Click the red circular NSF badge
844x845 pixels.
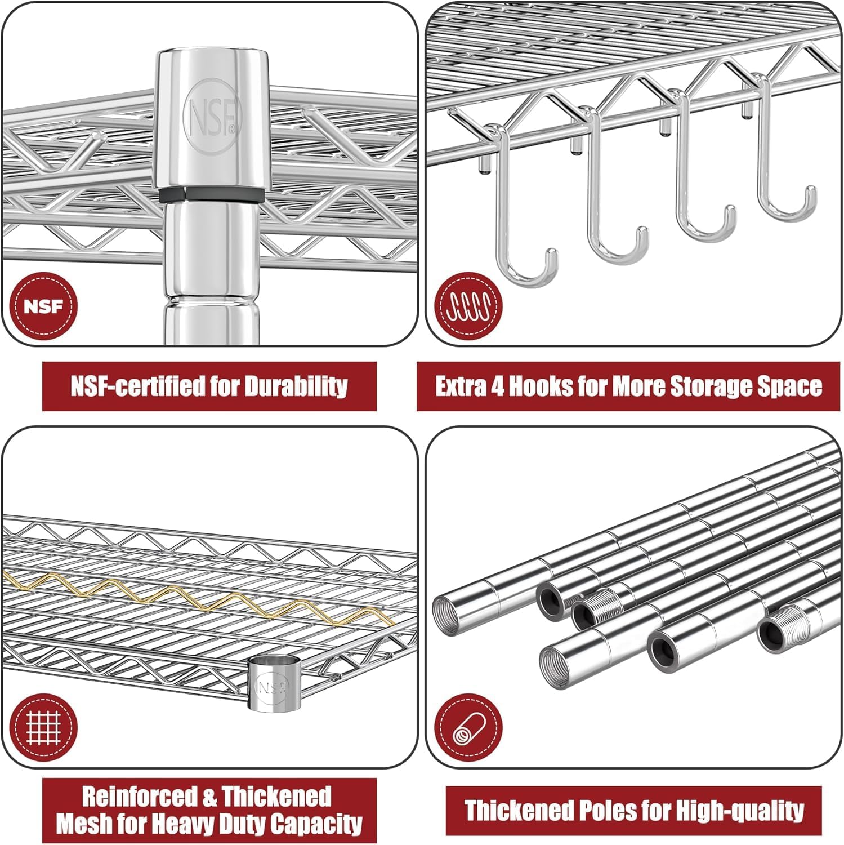43,307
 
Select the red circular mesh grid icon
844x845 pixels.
43,727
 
